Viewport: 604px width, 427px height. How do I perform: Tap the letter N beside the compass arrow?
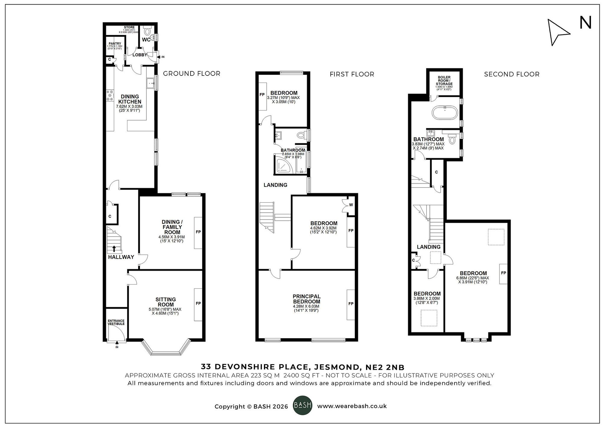[x=585, y=23]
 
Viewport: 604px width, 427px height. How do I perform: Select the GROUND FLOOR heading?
[x=191, y=73]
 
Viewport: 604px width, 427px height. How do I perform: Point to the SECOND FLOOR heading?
[x=512, y=74]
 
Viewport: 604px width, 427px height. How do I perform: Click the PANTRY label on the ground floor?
[x=115, y=43]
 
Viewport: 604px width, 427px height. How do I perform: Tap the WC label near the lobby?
[x=146, y=40]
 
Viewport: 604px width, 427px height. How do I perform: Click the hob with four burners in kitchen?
[x=110, y=95]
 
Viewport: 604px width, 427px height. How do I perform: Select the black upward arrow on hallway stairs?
[x=114, y=249]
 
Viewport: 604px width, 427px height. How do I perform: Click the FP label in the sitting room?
[x=198, y=303]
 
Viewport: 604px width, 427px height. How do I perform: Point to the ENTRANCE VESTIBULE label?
[x=116, y=322]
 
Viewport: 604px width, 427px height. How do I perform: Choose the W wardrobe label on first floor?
[x=351, y=205]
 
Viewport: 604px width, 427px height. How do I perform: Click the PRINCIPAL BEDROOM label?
[x=307, y=299]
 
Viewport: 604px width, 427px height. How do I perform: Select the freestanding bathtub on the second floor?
[x=445, y=113]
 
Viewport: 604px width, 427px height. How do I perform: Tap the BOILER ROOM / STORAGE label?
[x=444, y=81]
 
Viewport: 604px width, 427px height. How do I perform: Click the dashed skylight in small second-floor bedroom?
[x=429, y=318]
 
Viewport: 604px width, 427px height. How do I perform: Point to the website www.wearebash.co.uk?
[x=352, y=406]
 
